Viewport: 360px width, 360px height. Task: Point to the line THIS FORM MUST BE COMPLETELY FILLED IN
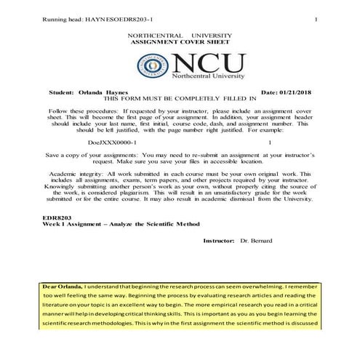click(x=180, y=99)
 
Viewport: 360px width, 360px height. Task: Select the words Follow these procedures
click(x=79, y=111)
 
